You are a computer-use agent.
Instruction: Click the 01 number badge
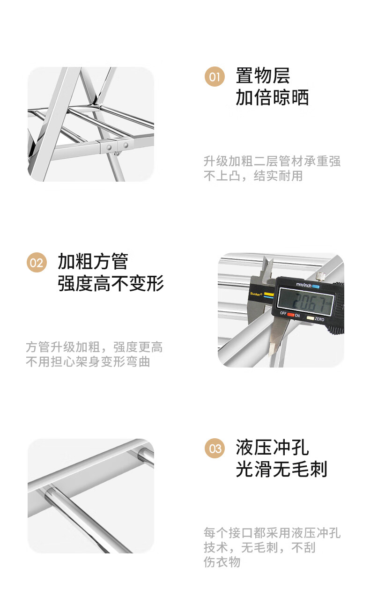click(215, 77)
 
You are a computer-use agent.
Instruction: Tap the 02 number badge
click(37, 262)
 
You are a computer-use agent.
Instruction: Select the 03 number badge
click(215, 449)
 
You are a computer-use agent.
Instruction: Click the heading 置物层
click(263, 76)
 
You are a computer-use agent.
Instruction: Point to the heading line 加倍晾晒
click(272, 97)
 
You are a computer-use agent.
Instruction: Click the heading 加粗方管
click(93, 261)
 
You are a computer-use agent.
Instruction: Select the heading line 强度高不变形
click(111, 283)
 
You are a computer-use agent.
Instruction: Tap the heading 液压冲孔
click(272, 448)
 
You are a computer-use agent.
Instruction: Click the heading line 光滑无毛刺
click(281, 469)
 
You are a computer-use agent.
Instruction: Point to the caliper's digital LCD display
click(306, 302)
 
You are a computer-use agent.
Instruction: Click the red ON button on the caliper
click(291, 315)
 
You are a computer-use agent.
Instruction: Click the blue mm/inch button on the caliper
click(316, 287)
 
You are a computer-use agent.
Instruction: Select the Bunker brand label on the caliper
click(256, 294)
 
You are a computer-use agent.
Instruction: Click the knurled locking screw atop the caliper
click(321, 276)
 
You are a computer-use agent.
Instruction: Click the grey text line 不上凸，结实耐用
click(253, 176)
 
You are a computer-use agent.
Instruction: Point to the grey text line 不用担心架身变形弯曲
click(88, 362)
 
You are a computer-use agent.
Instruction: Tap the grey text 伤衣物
click(222, 562)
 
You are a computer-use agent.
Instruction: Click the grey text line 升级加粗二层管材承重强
click(272, 161)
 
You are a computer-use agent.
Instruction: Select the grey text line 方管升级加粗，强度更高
click(94, 347)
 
